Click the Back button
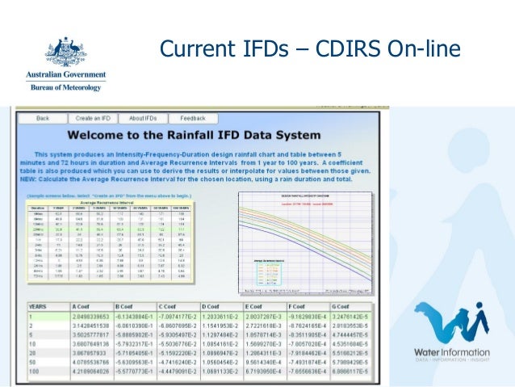click(43, 118)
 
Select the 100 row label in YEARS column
click(36, 377)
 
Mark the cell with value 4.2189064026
click(92, 377)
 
